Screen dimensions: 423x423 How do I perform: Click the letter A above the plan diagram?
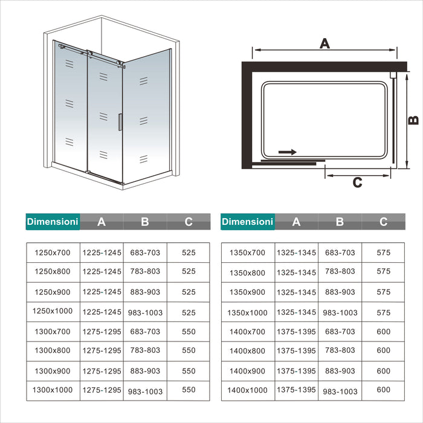[x=325, y=43]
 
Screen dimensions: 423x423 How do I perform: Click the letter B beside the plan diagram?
[x=413, y=120]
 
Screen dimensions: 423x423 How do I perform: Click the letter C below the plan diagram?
[x=357, y=182]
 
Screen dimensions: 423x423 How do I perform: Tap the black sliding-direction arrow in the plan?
[x=288, y=152]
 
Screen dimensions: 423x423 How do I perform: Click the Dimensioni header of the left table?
[x=53, y=222]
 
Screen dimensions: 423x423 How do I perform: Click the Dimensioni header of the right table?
[x=248, y=222]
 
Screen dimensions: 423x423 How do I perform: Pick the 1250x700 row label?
[x=53, y=253]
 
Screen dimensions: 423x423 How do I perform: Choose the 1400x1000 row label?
[x=248, y=390]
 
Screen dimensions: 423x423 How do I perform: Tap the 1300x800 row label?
[x=53, y=350]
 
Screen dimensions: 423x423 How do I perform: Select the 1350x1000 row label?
[x=248, y=312]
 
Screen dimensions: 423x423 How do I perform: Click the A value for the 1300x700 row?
[x=102, y=332]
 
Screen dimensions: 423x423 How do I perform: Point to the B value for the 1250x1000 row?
[x=145, y=313]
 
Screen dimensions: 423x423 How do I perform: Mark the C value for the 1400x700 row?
[x=384, y=332]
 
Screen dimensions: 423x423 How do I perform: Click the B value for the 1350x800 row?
[x=340, y=272]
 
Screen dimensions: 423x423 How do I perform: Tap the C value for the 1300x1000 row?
[x=189, y=390]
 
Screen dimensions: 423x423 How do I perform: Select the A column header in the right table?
[x=296, y=222]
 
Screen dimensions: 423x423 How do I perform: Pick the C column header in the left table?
[x=189, y=222]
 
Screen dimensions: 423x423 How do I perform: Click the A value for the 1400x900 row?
[x=296, y=371]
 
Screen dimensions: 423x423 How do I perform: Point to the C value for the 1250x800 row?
[x=189, y=272]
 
